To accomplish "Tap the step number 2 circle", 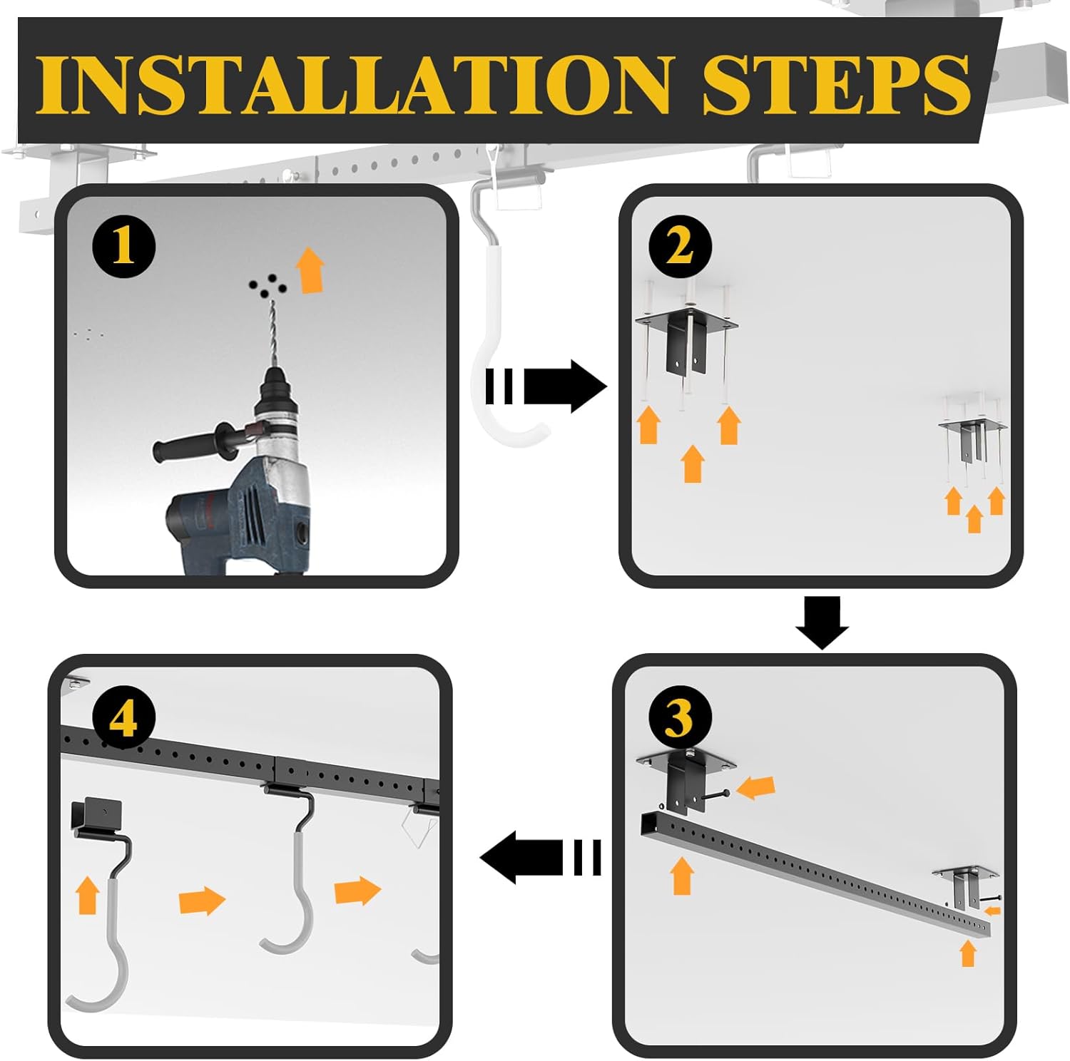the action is coord(680,247).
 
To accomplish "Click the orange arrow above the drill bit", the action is coord(310,270).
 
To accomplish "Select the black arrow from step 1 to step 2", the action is coord(546,386).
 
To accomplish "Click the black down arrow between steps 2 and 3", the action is coord(822,622).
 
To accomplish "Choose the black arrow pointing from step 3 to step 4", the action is coord(541,857).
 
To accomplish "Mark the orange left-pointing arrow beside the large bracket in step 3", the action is coord(755,788).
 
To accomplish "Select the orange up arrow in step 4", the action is coord(87,896).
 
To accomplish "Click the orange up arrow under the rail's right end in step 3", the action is coord(968,953).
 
